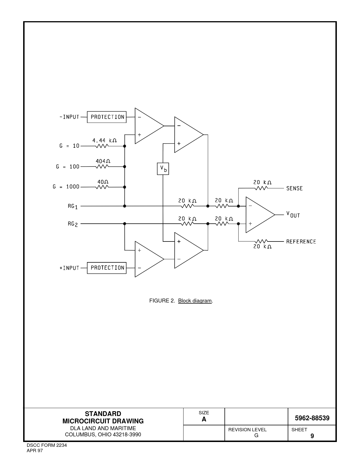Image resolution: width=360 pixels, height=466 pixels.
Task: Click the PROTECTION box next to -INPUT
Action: (x=106, y=117)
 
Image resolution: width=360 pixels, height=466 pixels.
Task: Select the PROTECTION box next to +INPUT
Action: (x=106, y=268)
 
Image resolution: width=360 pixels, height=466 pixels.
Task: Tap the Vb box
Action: (x=163, y=169)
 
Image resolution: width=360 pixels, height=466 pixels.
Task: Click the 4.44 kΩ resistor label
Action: (x=104, y=140)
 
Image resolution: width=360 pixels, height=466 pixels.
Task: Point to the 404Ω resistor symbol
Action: (x=102, y=167)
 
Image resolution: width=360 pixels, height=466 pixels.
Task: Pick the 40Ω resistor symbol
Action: (x=102, y=187)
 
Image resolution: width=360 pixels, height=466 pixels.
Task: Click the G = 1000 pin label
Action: (x=66, y=187)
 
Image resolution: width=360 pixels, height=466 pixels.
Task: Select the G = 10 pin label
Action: (x=69, y=146)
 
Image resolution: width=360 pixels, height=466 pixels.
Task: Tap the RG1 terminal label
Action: (x=73, y=206)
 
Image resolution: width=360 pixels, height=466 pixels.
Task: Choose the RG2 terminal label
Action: (x=73, y=224)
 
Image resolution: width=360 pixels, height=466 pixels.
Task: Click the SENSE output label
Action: (x=294, y=188)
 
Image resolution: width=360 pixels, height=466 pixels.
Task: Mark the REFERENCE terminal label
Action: (x=301, y=242)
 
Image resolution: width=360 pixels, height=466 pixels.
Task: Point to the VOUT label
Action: (x=293, y=214)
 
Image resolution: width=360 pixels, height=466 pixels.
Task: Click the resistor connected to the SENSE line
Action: (x=261, y=188)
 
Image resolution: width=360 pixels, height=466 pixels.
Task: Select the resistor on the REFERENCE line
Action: (x=261, y=241)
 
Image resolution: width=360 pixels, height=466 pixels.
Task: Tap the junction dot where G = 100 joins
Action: (x=125, y=167)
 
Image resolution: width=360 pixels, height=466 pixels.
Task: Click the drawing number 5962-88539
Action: (x=312, y=418)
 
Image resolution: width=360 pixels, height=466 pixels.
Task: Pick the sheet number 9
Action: (x=312, y=436)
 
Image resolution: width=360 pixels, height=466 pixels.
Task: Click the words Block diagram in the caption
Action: (x=195, y=301)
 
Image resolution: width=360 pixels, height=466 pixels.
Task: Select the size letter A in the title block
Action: (x=204, y=419)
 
